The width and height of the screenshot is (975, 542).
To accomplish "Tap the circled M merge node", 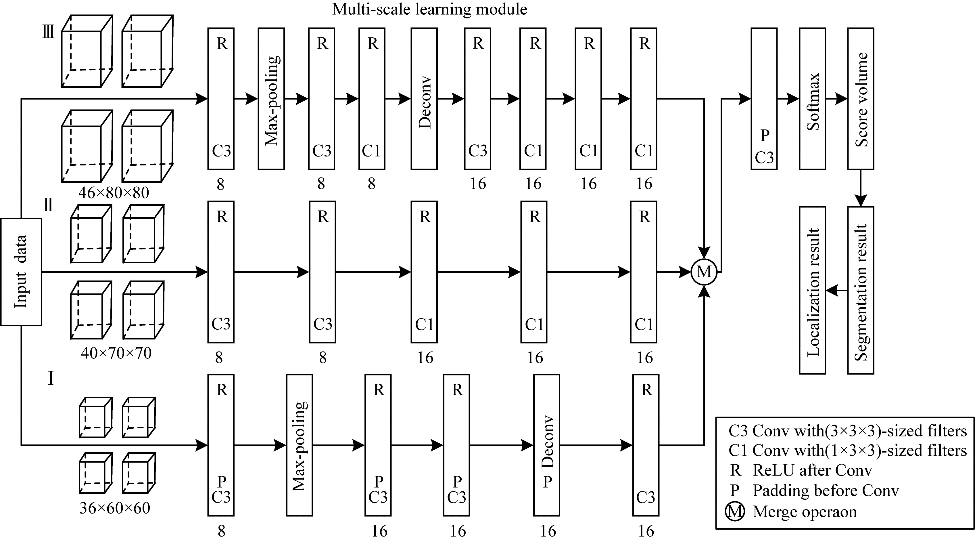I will [x=704, y=272].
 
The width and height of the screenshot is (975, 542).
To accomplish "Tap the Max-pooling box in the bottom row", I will [x=300, y=445].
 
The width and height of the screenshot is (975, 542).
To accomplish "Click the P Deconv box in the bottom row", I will [x=546, y=445].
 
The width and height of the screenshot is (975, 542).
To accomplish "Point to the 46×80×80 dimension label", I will [x=114, y=193].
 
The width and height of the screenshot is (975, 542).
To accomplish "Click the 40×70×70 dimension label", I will [x=116, y=353].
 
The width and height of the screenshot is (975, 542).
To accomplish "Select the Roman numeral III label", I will [x=48, y=32].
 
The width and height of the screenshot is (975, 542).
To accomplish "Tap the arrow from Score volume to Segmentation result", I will [x=861, y=188].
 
